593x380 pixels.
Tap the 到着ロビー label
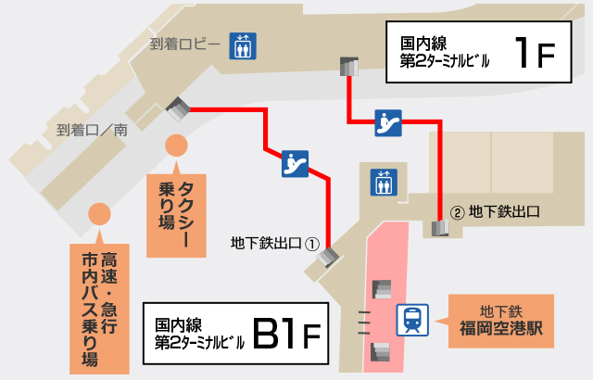(184, 44)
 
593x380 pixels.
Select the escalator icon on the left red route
(296, 163)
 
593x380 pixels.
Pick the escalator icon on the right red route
(388, 122)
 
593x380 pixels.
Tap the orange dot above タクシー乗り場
(176, 146)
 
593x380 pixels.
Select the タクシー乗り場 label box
(176, 210)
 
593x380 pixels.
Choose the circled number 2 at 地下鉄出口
(456, 211)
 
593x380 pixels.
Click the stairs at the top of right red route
(350, 67)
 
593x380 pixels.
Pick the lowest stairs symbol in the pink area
(380, 350)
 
